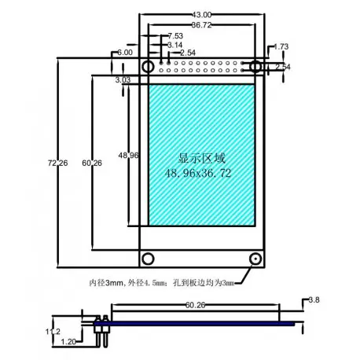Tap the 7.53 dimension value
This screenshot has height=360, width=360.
pos(175,36)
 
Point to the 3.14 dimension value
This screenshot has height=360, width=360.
pos(175,45)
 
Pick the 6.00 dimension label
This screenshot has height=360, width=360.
pos(124,52)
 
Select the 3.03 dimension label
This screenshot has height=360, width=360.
pos(123,80)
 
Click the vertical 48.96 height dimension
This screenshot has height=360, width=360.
pos(129,156)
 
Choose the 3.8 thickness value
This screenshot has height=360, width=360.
pos(313,300)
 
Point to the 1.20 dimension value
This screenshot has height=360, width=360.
pos(69,342)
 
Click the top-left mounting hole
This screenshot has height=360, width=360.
pos(147,67)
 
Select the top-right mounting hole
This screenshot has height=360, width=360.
pos(256,67)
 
